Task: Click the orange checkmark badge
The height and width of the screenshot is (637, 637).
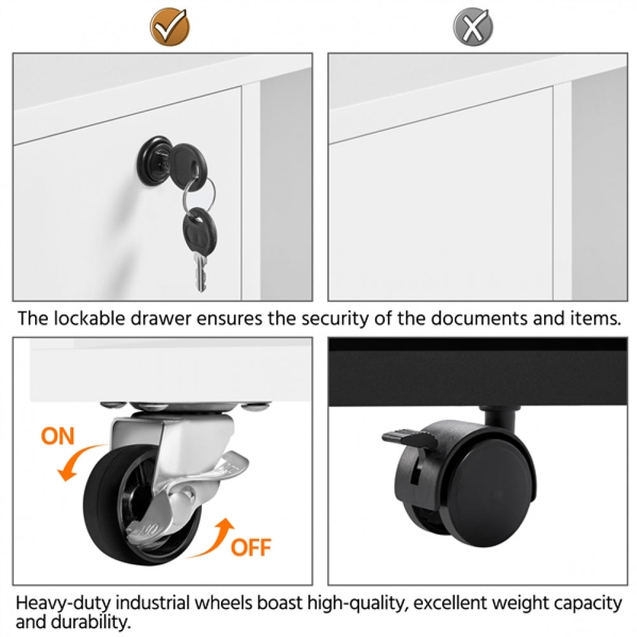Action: tap(170, 27)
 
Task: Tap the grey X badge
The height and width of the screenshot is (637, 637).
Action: tap(473, 27)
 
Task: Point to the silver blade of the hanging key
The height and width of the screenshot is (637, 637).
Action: tap(201, 272)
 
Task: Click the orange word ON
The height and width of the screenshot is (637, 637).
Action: tap(58, 436)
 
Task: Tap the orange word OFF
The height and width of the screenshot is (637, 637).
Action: tap(250, 547)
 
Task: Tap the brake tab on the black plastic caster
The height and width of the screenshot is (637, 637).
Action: tap(408, 438)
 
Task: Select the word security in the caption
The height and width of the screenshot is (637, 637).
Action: tap(334, 319)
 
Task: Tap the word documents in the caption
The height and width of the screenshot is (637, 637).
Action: tap(479, 318)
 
